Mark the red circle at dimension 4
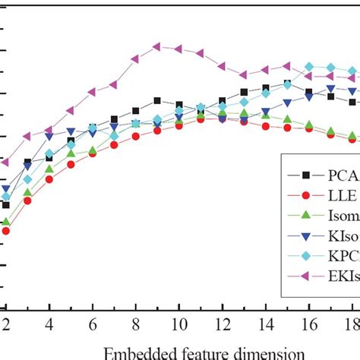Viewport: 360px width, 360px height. point(49,179)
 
